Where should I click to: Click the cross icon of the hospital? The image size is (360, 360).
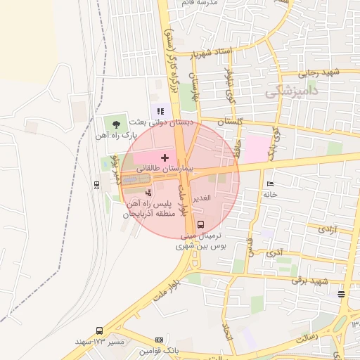pos(165,157)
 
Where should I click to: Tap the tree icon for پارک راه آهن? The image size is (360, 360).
pos(116,124)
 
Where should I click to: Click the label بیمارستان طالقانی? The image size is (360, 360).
pos(169,170)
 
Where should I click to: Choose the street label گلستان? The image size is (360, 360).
pos(231,122)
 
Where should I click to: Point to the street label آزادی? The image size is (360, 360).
pos(328,229)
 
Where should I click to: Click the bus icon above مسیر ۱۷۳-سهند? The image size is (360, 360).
pos(99,330)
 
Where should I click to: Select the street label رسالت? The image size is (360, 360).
pos(306,338)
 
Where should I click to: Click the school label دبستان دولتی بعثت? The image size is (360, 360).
pos(147,122)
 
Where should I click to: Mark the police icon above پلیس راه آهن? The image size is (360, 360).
pos(148,193)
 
